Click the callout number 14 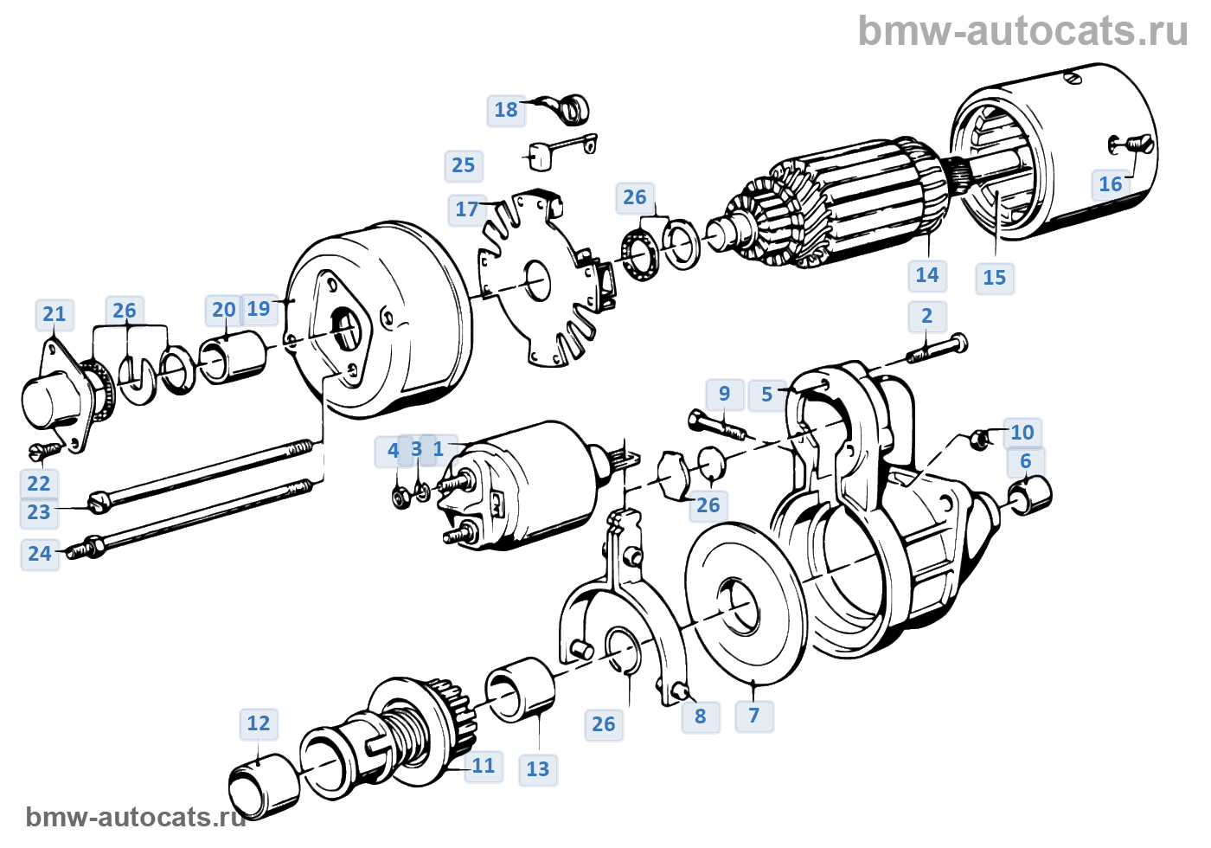tap(927, 275)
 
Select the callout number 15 tap(994, 278)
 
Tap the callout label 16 tap(1111, 184)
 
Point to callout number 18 tap(506, 111)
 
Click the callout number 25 tap(464, 165)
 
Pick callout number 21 tap(54, 314)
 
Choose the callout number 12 tap(259, 723)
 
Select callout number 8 tap(700, 716)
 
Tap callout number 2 tap(926, 316)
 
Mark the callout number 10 tap(1022, 433)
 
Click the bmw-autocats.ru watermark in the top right tap(1022, 31)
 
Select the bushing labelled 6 tap(1030, 495)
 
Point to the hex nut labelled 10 tap(981, 439)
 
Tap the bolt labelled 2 tap(936, 350)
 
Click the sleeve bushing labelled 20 tap(234, 357)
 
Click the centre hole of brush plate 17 tap(537, 280)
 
